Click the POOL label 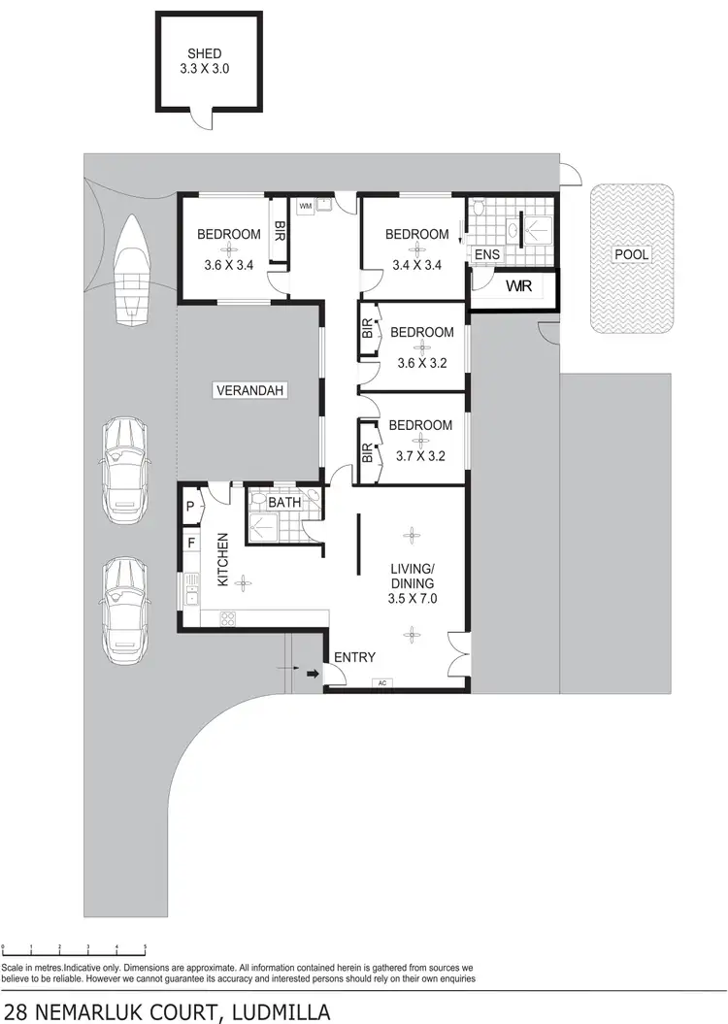[631, 255]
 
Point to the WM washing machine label [305, 206]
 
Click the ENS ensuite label [486, 255]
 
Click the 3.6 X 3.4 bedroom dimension [229, 265]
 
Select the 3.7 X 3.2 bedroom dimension [420, 454]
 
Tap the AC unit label [382, 683]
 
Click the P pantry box [189, 506]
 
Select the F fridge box [190, 542]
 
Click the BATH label [284, 502]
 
